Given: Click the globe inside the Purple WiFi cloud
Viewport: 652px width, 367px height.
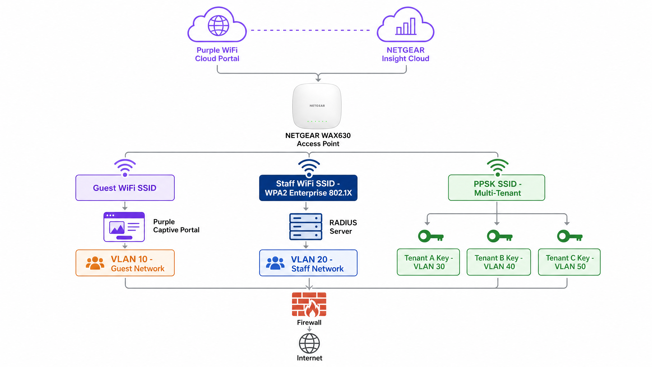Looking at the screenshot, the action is coord(218,25).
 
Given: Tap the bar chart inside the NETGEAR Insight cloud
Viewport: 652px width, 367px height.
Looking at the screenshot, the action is coord(406,26).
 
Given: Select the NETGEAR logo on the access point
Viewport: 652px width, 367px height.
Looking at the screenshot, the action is coord(317,106).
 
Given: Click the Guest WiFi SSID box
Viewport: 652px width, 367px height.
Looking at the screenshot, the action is coord(125,188).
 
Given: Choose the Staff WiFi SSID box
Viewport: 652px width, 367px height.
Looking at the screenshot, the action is coord(308,188).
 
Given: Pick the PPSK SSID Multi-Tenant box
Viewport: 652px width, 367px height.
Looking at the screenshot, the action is coord(496,188).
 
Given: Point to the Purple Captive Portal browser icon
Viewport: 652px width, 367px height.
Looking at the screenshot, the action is coord(124,227).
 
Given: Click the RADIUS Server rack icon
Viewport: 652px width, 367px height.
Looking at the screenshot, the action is coord(306,227).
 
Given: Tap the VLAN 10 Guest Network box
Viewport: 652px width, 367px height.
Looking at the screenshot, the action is coord(125,263).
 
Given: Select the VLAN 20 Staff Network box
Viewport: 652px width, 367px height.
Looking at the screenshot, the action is coord(308,263).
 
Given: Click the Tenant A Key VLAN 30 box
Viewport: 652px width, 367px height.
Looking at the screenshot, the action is coord(428,262).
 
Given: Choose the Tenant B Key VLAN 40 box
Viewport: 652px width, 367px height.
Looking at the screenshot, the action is coord(499,262).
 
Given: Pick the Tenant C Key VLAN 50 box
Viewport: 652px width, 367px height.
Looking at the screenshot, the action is coord(569,262).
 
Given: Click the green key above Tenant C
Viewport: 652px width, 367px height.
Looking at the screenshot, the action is coord(569,236).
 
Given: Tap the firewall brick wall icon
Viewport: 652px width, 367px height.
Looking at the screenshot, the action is coord(309,304).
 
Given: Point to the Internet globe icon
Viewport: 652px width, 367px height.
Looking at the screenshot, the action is coord(309,343).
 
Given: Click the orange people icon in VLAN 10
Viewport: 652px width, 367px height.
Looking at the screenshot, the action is coord(95,263).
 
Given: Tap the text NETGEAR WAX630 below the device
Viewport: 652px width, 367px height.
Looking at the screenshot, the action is coord(318,135).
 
